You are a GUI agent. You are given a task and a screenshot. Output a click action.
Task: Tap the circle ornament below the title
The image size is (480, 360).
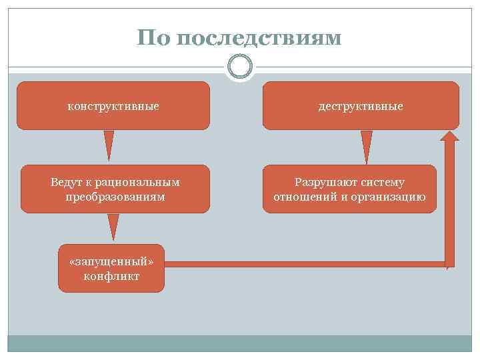239,67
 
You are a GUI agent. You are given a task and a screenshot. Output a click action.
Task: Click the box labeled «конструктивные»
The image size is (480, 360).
113,105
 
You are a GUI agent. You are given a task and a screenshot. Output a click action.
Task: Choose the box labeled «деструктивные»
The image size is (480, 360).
361,105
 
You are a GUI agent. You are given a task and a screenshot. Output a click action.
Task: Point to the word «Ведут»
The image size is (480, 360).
66,182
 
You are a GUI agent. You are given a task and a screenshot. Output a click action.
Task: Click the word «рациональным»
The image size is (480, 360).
138,182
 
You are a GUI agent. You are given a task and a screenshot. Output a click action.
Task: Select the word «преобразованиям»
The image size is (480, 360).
115,197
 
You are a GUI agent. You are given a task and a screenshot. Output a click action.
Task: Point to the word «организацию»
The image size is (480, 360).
390,197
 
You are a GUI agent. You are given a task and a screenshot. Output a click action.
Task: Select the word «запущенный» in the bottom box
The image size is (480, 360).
111,261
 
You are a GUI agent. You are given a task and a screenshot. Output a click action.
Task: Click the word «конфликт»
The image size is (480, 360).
111,276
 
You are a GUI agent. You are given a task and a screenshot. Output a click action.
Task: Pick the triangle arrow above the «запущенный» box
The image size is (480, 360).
113,227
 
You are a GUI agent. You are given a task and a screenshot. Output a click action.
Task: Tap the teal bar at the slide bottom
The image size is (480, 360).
239,343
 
